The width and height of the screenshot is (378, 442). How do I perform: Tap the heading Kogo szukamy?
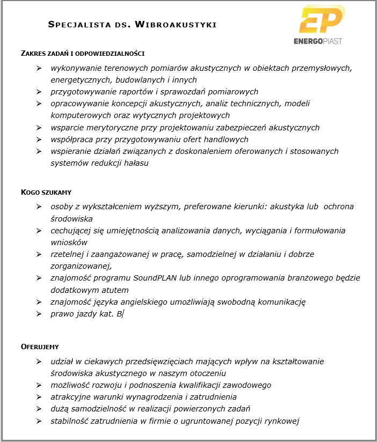coord(46,191)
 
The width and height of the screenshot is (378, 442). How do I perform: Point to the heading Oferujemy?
coord(40,347)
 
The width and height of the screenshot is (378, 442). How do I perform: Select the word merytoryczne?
coord(111,128)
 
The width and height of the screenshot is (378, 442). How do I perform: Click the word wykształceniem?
coord(117,207)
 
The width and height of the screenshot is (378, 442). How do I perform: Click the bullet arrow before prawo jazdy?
coord(39,314)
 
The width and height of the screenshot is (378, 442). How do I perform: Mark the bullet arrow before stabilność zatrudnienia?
coord(39,421)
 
